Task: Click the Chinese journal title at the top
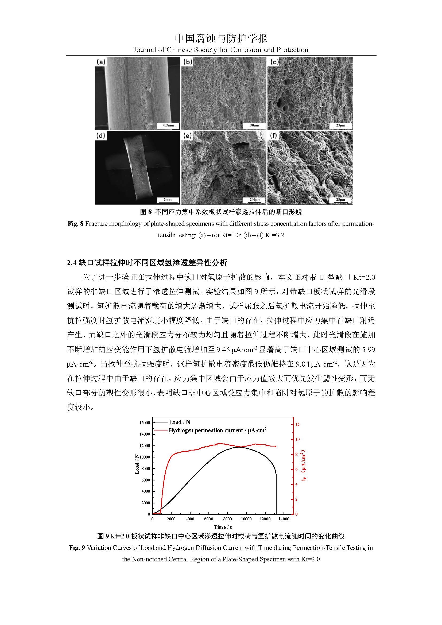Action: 221,38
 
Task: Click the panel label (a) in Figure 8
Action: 101,62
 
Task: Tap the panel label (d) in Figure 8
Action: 101,135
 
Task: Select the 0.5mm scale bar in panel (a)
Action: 168,126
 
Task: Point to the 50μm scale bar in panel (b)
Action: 254,126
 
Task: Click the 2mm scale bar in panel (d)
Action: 168,200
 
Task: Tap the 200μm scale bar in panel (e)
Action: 255,200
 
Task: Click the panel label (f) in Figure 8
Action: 274,135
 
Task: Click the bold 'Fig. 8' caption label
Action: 75,224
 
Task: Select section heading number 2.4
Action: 72,263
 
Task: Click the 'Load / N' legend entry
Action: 179,422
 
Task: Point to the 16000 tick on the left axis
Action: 145,423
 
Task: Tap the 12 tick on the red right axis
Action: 297,424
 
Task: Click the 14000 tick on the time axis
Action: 284,519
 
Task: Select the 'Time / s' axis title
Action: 223,527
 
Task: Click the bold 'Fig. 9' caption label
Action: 77,548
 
